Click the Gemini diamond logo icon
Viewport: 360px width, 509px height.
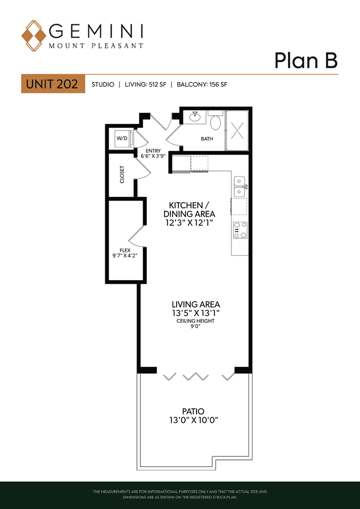[x=34, y=36]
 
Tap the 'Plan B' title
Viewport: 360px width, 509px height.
[x=306, y=61]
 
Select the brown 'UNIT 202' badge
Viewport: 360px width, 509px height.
[x=53, y=84]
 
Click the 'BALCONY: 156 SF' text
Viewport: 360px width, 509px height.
[x=202, y=84]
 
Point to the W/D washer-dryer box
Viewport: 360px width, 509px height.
[x=122, y=138]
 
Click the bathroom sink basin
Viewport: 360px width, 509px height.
[x=195, y=117]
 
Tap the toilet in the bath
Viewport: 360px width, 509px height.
[x=216, y=121]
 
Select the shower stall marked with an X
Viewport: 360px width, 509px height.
[x=237, y=130]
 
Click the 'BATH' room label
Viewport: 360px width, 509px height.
[x=207, y=139]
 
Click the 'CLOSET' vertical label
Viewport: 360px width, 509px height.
[x=122, y=174]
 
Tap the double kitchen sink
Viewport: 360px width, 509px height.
[x=239, y=186]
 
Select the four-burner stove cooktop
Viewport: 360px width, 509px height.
[x=240, y=230]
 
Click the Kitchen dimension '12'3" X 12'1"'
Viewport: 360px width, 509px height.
[x=189, y=223]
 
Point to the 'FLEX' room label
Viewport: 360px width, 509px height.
[x=125, y=250]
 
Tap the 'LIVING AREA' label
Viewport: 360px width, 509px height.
[x=196, y=305]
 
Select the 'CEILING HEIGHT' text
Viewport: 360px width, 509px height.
[x=196, y=321]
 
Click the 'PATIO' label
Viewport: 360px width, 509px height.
[x=193, y=410]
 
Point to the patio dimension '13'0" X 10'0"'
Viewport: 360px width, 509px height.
[x=194, y=420]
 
